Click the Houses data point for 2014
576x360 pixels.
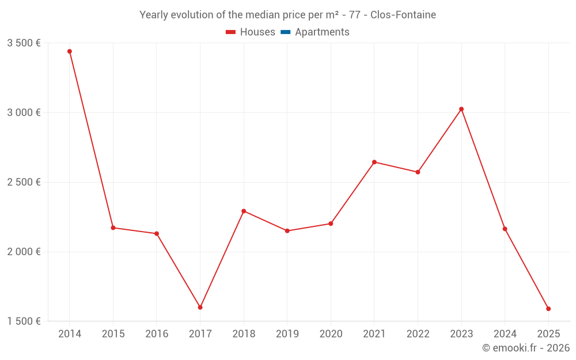[70, 51]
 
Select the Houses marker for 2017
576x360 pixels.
[200, 308]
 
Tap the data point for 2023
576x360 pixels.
[461, 109]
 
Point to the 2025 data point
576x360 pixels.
[548, 309]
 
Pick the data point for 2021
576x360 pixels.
[374, 162]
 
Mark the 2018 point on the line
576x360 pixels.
[244, 211]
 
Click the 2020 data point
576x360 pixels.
[331, 223]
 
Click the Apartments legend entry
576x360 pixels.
[322, 32]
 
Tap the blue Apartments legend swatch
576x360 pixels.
[285, 32]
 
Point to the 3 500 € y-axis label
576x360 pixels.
[24, 43]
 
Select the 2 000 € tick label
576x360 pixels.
[24, 252]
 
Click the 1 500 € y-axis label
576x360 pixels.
[24, 321]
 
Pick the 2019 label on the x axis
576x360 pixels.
[287, 334]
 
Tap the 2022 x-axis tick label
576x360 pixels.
[418, 334]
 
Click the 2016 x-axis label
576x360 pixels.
[157, 334]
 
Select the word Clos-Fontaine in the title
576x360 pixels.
[403, 15]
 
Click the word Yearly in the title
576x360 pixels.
[154, 15]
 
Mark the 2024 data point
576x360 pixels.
[505, 229]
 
